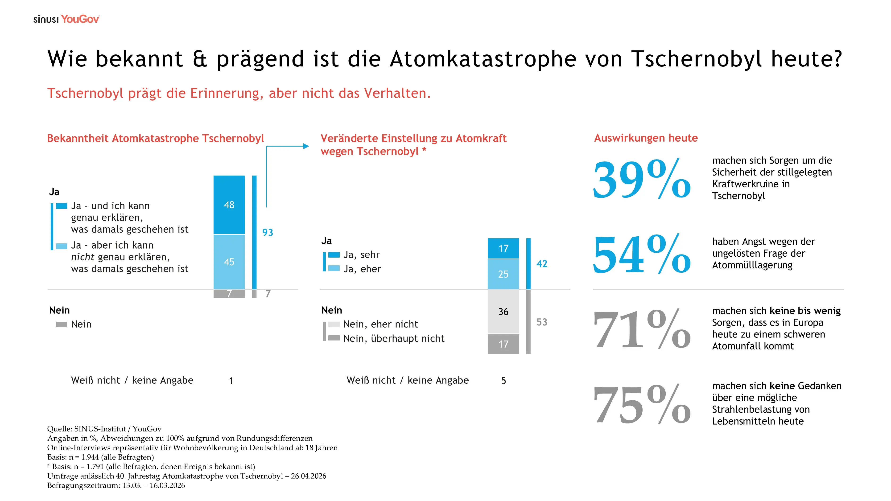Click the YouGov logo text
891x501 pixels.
(x=80, y=19)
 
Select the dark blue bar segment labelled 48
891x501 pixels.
(x=229, y=205)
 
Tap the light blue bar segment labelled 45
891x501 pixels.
(x=229, y=262)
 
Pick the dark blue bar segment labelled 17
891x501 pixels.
(x=503, y=248)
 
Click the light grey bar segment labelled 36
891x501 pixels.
(x=503, y=312)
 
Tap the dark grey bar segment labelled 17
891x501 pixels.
(x=503, y=344)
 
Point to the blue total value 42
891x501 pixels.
(x=542, y=264)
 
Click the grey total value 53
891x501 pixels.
(x=542, y=322)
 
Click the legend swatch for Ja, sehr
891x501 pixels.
(x=334, y=255)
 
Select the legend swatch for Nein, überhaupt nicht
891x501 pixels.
(x=334, y=338)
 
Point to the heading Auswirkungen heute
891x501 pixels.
(x=646, y=138)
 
